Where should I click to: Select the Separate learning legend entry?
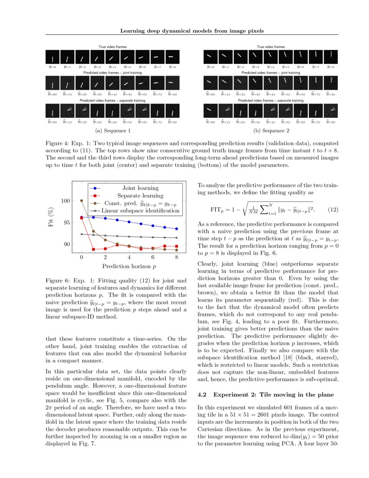pyautogui.click(x=137, y=196)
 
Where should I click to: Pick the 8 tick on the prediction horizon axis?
pyautogui.click(x=176, y=257)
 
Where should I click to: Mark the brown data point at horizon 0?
pyautogui.click(x=82, y=201)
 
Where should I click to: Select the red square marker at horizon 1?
pyautogui.click(x=93, y=249)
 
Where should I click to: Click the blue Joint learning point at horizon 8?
pyautogui.click(x=176, y=229)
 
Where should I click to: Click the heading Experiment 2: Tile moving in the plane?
pyautogui.click(x=266, y=395)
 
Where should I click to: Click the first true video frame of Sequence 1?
pyautogui.click(x=53, y=58)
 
